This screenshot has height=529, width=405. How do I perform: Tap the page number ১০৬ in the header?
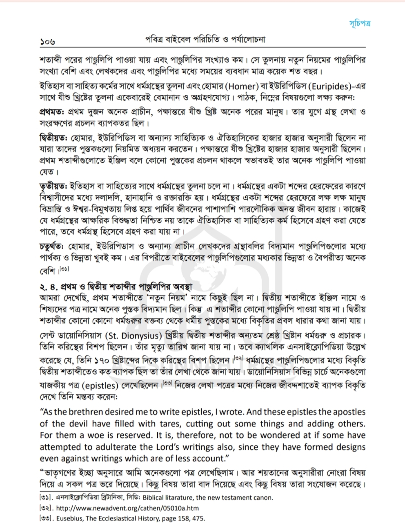pos(47,41)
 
